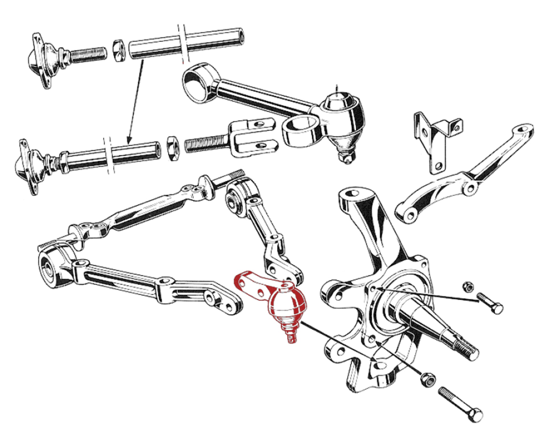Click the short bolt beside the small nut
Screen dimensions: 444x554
coord(490,304)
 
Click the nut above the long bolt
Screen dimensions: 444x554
coord(428,380)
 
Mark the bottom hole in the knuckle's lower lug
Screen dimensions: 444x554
coord(380,365)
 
